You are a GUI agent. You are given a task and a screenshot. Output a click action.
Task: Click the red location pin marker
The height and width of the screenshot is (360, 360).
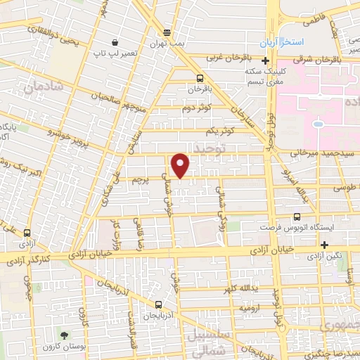181,165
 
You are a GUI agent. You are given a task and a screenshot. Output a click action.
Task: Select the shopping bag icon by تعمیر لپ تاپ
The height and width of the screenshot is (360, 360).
115,41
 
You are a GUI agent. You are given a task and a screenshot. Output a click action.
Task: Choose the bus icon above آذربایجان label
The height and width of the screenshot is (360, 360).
159,304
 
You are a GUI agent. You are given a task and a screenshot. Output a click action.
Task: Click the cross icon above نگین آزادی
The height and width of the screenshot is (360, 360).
324,245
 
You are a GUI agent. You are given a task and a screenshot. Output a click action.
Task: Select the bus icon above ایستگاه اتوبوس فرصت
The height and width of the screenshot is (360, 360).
296,217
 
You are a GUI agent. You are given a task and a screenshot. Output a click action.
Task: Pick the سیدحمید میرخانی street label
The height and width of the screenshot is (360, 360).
313,153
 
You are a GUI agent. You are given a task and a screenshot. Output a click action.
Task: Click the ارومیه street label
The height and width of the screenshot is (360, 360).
254,308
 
